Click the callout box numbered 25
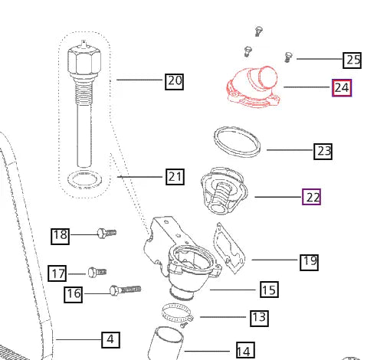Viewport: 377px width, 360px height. pos(352,61)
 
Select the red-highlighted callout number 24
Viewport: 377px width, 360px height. pos(342,88)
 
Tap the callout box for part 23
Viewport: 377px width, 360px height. pos(323,152)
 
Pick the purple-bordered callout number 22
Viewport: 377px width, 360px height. pos(311,197)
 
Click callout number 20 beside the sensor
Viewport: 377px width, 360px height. pos(174,82)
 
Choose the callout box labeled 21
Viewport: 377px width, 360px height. pos(175,177)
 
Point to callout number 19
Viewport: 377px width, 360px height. pos(309,262)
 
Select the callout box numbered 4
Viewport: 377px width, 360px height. pos(110,340)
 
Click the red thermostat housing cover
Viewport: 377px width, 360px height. pos(253,87)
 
